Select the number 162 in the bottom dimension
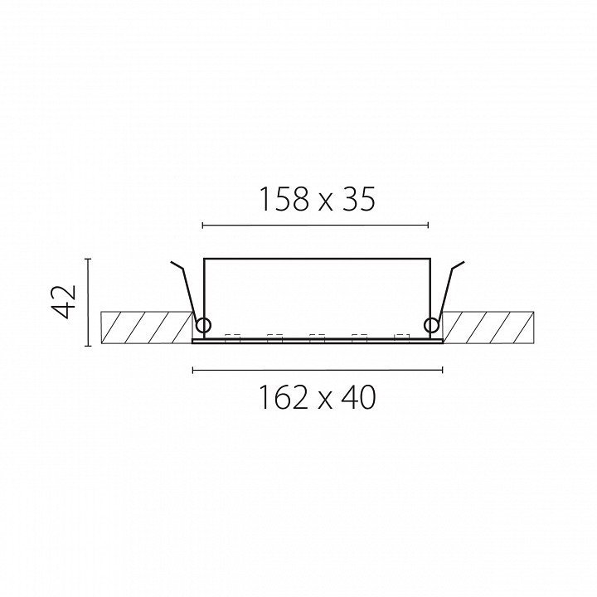coord(284,397)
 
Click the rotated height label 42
coord(64,301)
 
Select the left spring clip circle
coord(203,326)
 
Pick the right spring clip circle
coord(432,326)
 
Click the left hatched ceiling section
coord(147,328)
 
